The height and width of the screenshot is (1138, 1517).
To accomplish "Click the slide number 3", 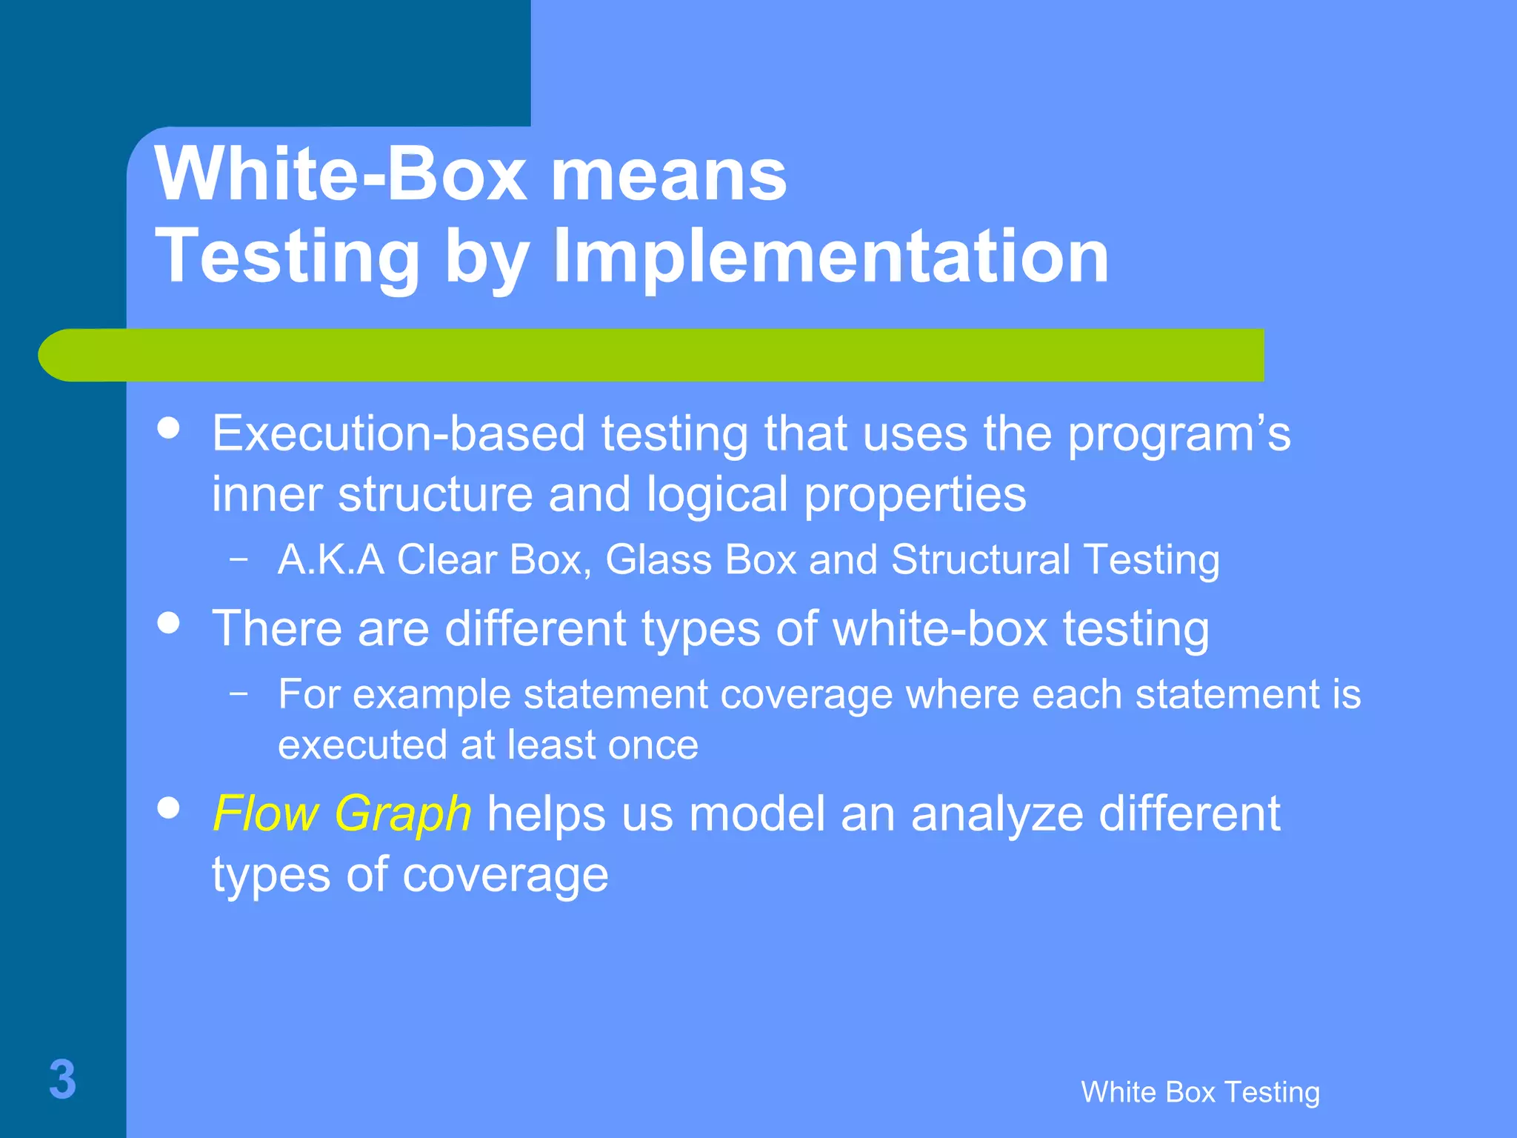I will [62, 1079].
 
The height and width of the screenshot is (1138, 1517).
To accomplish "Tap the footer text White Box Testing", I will [1200, 1092].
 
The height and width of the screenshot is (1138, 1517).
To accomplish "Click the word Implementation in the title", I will [831, 256].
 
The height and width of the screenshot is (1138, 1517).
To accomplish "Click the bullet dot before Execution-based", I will [170, 428].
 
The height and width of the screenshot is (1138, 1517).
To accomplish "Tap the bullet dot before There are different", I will [170, 623].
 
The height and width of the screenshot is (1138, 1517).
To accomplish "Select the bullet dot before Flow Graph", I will [170, 808].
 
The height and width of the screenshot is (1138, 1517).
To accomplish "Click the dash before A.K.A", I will [239, 559].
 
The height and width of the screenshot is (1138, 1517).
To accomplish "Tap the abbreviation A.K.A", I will [331, 559].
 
